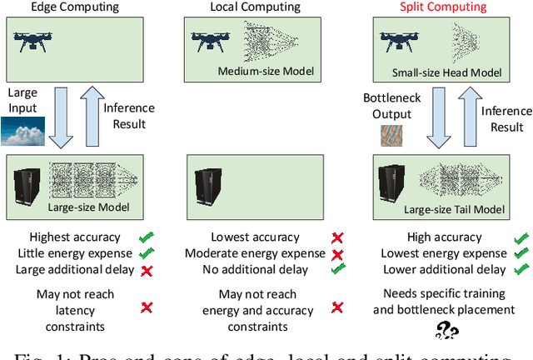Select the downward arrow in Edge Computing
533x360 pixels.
tap(63, 117)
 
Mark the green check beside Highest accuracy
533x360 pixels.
tap(147, 237)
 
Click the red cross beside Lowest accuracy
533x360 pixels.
tap(337, 237)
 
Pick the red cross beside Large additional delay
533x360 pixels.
tap(147, 269)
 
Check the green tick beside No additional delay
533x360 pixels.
tap(337, 269)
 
